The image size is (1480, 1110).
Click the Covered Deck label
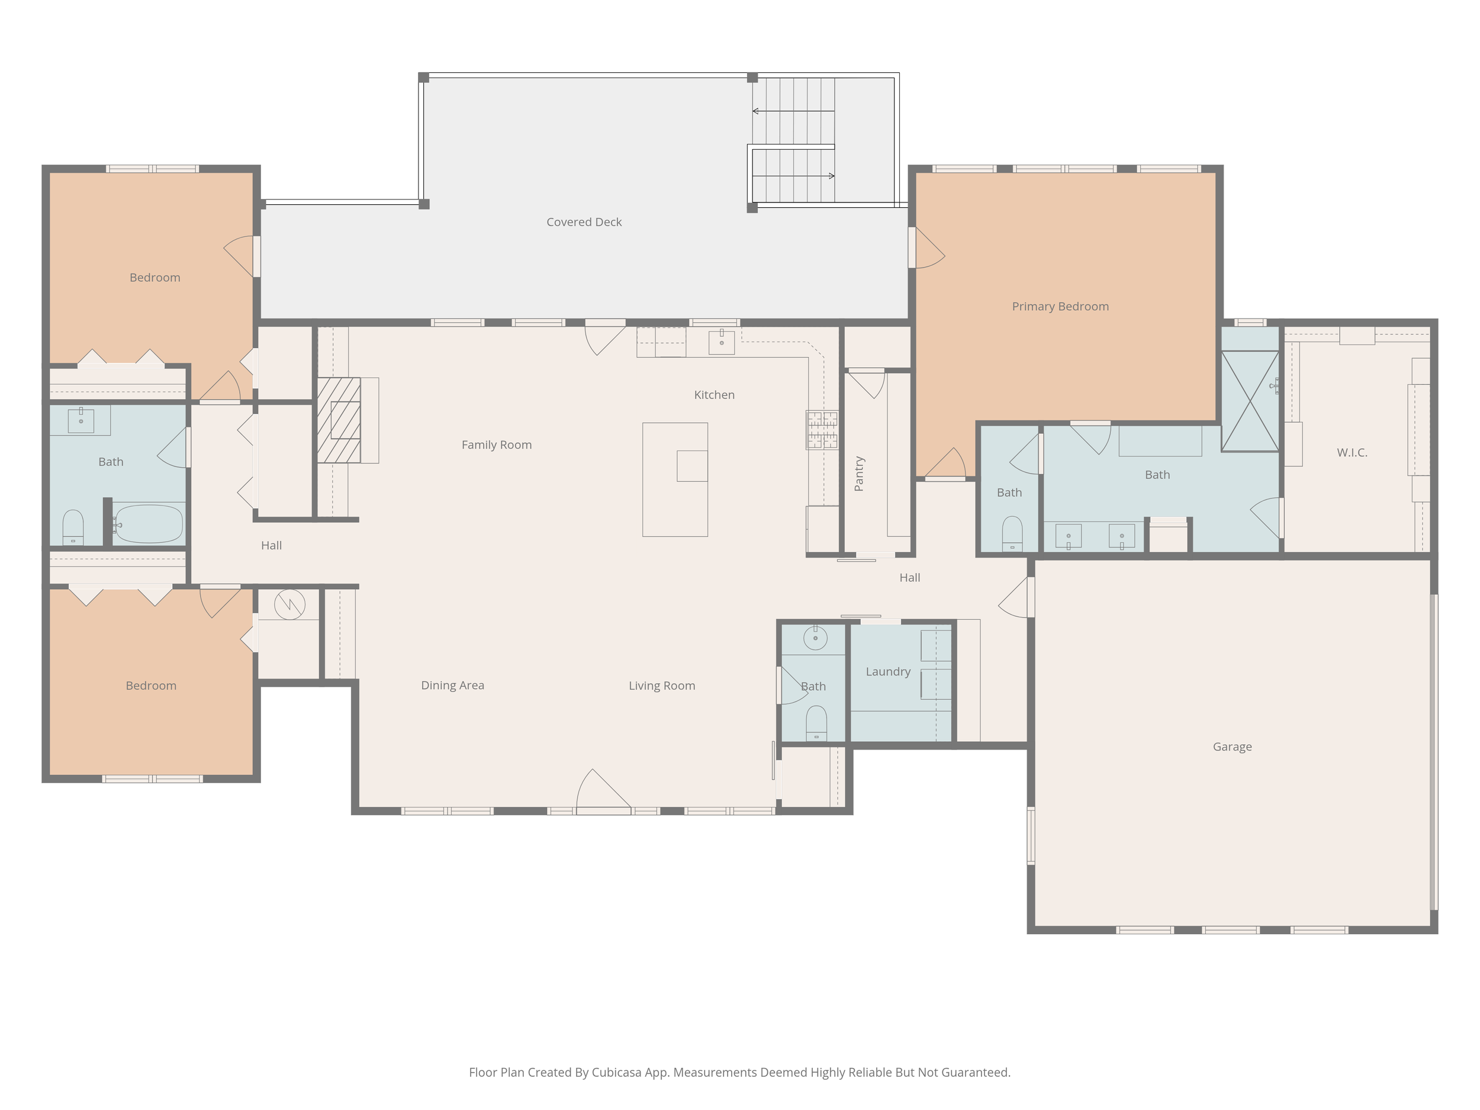tap(584, 222)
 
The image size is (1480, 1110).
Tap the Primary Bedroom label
tap(1060, 307)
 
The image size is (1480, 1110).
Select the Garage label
tap(1232, 747)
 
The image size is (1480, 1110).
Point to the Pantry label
tap(859, 474)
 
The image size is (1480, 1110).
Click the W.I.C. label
tap(1352, 452)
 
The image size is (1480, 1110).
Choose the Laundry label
tap(888, 672)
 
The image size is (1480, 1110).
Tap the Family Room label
tap(497, 445)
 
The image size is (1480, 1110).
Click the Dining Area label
tap(452, 685)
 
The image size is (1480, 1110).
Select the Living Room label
tap(662, 686)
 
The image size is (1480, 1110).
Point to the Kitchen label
tap(714, 395)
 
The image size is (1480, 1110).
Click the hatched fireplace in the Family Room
tap(339, 420)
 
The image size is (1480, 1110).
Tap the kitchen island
tap(675, 479)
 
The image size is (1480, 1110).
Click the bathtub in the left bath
tap(148, 524)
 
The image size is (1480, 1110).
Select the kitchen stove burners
tap(822, 430)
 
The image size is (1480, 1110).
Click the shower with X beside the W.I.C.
tap(1250, 401)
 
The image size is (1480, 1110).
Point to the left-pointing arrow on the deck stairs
tap(793, 111)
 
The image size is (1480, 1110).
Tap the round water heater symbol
tap(289, 604)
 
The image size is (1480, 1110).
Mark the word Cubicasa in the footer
tap(616, 1073)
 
